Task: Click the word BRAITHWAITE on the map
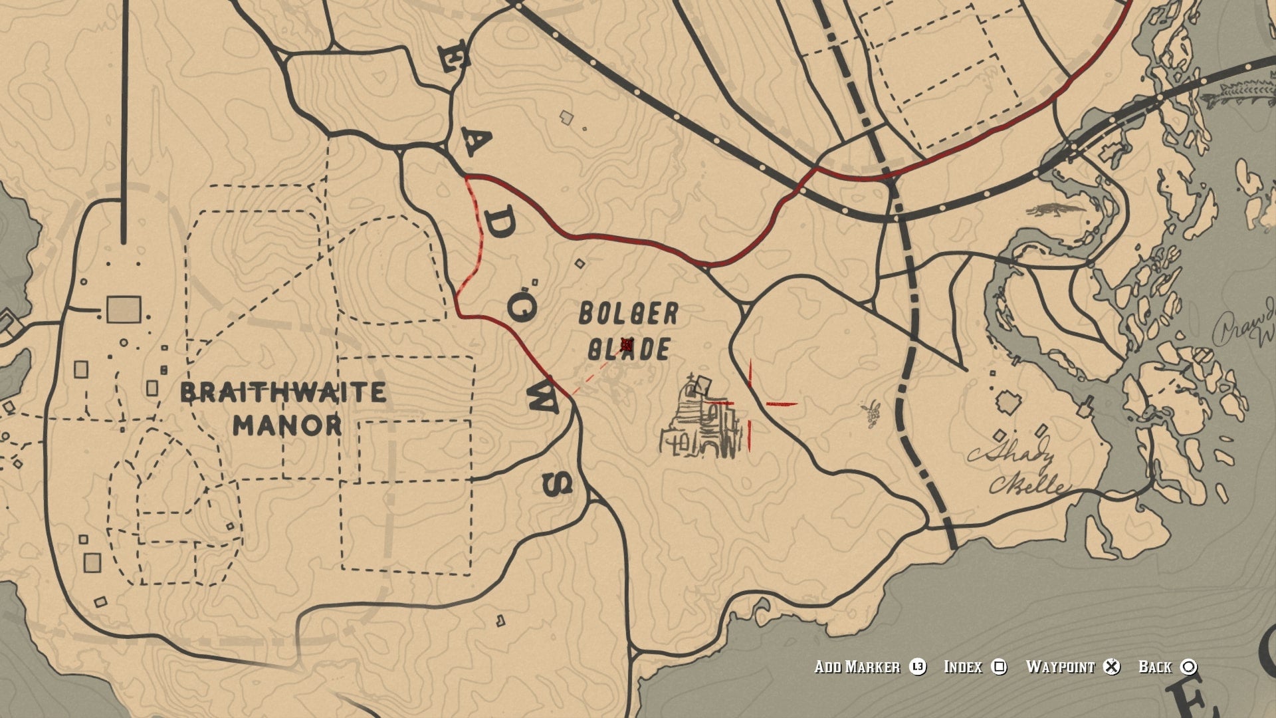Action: [x=283, y=392]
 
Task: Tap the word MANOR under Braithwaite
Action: [x=287, y=425]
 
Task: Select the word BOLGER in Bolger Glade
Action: [x=628, y=314]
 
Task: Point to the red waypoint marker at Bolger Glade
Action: [x=626, y=344]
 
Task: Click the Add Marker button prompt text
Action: [x=857, y=667]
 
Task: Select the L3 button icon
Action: [x=918, y=667]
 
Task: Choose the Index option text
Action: [x=963, y=667]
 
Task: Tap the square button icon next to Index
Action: [x=999, y=667]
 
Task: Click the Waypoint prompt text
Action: [x=1060, y=667]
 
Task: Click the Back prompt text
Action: [x=1155, y=667]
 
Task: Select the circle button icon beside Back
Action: [x=1189, y=667]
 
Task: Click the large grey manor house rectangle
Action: [x=124, y=310]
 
